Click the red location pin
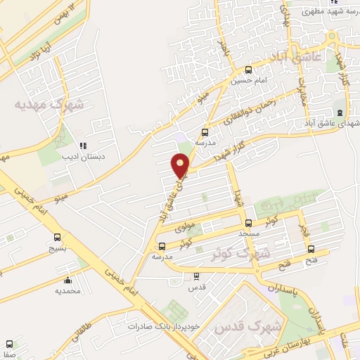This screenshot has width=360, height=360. tap(181, 166)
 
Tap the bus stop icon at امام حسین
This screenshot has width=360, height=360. tap(248, 70)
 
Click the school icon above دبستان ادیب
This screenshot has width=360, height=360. tap(83, 146)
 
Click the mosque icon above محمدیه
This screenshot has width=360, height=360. tap(67, 279)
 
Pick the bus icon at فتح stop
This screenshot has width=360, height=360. tap(312, 250)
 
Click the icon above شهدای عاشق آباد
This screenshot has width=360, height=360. tap(340, 112)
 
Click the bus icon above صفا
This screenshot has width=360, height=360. tap(9, 344)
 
